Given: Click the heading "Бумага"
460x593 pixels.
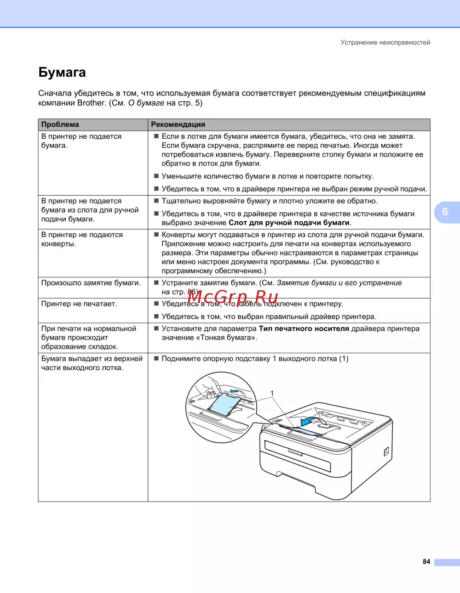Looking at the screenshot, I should (62, 73).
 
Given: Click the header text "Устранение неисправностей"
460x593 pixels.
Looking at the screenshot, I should (385, 42).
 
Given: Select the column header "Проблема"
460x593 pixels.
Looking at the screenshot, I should (60, 124).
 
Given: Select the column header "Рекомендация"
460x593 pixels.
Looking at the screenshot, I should (178, 124).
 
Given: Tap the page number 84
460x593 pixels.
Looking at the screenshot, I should (426, 561).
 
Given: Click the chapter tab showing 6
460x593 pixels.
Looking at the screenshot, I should (445, 212).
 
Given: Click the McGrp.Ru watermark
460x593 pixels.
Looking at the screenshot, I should (233, 297).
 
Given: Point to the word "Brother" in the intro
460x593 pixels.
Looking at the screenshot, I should (91, 103).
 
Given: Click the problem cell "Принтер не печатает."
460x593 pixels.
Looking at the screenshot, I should (79, 304).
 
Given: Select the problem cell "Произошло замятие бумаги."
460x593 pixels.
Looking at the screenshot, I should (91, 283).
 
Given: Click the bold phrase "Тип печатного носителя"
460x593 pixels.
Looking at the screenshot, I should (304, 329).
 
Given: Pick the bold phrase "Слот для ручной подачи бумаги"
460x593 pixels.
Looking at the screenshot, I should (289, 223).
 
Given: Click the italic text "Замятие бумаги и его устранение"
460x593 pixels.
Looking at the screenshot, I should (339, 283).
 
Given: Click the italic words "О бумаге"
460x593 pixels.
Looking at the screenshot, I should (146, 103).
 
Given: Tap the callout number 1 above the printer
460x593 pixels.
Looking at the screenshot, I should (272, 393).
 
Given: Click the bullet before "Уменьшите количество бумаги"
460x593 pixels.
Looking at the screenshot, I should (156, 176).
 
